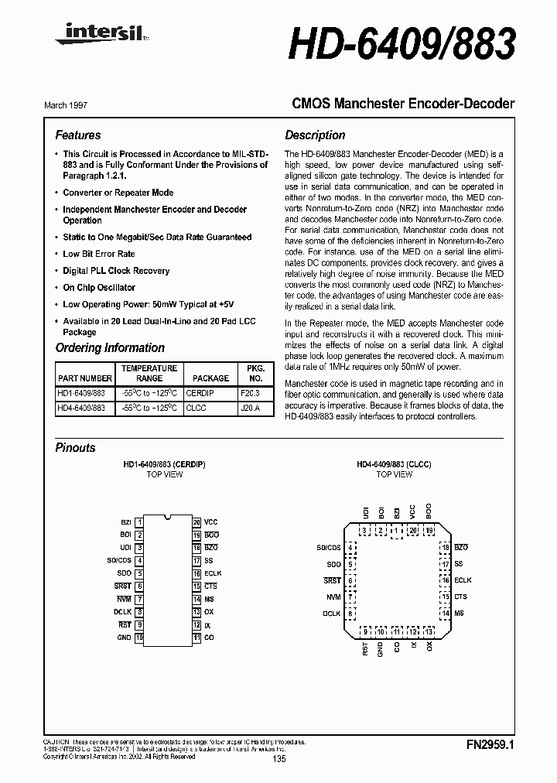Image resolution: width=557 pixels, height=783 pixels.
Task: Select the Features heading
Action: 78,135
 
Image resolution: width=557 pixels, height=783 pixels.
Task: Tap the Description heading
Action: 315,135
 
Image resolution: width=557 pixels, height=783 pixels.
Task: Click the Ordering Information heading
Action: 110,348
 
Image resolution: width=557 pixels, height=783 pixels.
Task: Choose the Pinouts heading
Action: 76,448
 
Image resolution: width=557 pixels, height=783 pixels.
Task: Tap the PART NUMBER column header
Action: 85,378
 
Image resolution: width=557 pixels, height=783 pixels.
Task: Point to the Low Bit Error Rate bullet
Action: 98,254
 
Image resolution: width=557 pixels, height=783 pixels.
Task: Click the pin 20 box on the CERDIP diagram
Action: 196,522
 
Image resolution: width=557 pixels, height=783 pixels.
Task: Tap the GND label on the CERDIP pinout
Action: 124,638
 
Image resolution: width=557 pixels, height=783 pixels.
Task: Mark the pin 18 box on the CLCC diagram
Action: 445,547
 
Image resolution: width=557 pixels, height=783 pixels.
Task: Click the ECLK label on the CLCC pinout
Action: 463,580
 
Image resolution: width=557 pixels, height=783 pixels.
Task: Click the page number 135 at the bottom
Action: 279,759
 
